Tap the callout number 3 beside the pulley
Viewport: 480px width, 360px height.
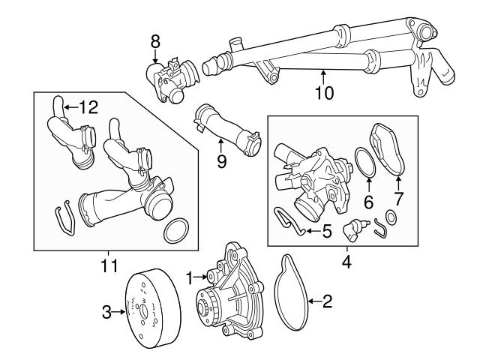click(x=107, y=310)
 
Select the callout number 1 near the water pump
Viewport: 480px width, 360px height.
click(x=190, y=275)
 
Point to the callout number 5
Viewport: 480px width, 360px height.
click(x=326, y=232)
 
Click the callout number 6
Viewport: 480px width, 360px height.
click(x=367, y=200)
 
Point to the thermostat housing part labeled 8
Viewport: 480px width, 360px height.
click(x=171, y=79)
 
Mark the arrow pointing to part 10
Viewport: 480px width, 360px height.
click(x=323, y=76)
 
